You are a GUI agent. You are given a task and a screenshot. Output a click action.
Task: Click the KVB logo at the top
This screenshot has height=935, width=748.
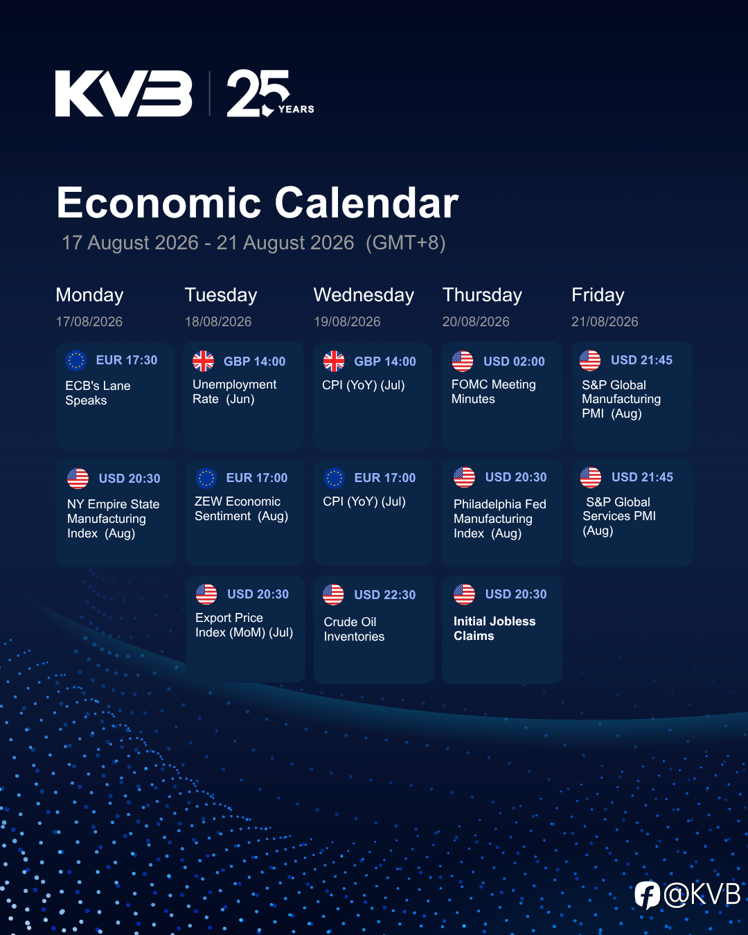coord(123,93)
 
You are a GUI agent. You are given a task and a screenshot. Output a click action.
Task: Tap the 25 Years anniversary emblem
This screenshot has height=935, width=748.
coord(270,93)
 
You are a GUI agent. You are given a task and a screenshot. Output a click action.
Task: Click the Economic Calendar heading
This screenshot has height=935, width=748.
coord(258,202)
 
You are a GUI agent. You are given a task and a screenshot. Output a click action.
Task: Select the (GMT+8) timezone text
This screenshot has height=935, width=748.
coord(405,242)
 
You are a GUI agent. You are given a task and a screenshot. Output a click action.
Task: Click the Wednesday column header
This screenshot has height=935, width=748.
coord(364,295)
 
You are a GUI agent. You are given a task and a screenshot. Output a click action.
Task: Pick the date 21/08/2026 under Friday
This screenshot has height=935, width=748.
coord(605,321)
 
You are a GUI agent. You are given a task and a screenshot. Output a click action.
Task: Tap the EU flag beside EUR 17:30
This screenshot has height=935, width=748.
coord(76,360)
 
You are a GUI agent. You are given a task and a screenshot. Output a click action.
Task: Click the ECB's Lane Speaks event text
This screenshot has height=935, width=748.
coord(98,393)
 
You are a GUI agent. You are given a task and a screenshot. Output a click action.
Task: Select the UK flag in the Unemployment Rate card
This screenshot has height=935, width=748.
coord(204,361)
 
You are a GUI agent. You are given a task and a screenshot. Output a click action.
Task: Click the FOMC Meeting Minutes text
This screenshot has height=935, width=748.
coord(493,391)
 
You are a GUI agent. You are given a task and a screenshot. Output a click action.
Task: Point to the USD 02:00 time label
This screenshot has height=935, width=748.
coord(514,361)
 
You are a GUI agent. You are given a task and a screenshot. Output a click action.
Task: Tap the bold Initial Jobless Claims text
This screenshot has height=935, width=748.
coord(495,628)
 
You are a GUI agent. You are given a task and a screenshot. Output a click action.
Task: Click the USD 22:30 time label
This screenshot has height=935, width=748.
coord(384,595)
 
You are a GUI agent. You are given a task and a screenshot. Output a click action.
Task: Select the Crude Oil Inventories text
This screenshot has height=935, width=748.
coord(354,629)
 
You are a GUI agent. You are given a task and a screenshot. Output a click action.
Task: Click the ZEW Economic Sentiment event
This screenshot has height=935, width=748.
coord(241,509)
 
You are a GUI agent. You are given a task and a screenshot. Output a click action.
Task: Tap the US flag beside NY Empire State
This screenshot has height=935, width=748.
coord(78,479)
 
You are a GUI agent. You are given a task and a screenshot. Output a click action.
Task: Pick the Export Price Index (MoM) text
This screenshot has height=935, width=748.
coord(244,625)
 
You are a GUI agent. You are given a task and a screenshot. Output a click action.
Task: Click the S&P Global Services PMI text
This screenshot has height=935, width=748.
coord(619,517)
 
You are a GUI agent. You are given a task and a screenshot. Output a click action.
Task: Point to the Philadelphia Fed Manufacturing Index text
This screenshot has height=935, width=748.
coord(500,519)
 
